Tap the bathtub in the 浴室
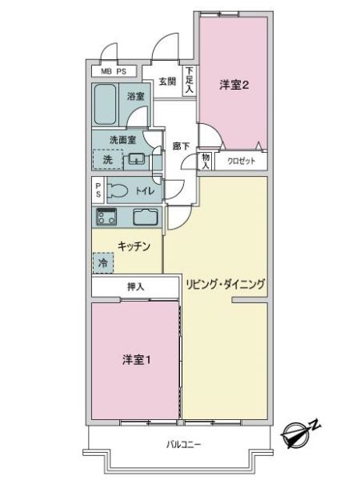[x=105, y=104]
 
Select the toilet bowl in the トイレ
[x=117, y=190]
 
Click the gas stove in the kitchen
[x=106, y=217]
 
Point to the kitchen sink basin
[x=146, y=217]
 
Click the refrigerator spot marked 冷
[x=103, y=262]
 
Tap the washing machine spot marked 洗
[x=108, y=159]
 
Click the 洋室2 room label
[x=234, y=85]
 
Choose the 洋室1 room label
[x=136, y=360]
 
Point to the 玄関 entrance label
[x=167, y=82]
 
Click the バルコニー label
[x=184, y=444]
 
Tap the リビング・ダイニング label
[x=225, y=284]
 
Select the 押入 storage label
[x=135, y=287]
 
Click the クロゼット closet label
[x=242, y=161]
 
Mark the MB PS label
[x=114, y=72]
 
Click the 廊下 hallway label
[x=181, y=146]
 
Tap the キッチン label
[x=134, y=246]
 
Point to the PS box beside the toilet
[x=98, y=190]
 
